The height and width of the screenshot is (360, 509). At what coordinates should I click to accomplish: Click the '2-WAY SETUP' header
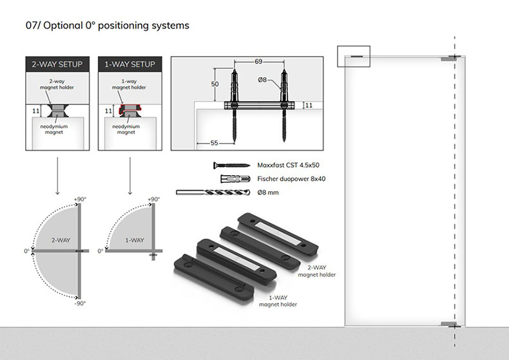click(x=57, y=64)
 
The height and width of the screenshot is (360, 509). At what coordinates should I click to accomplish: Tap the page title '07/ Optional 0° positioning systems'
click(x=107, y=26)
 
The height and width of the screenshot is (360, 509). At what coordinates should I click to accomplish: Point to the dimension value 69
click(x=258, y=62)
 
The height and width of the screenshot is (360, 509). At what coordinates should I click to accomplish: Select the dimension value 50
click(x=215, y=84)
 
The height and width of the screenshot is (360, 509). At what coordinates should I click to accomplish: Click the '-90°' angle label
click(x=80, y=303)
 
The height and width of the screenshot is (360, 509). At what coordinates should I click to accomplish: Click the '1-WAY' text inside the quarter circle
click(x=135, y=240)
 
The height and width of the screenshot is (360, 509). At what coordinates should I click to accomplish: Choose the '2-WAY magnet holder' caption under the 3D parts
click(x=317, y=271)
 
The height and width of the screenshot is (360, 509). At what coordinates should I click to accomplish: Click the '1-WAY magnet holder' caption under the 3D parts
click(x=277, y=301)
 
